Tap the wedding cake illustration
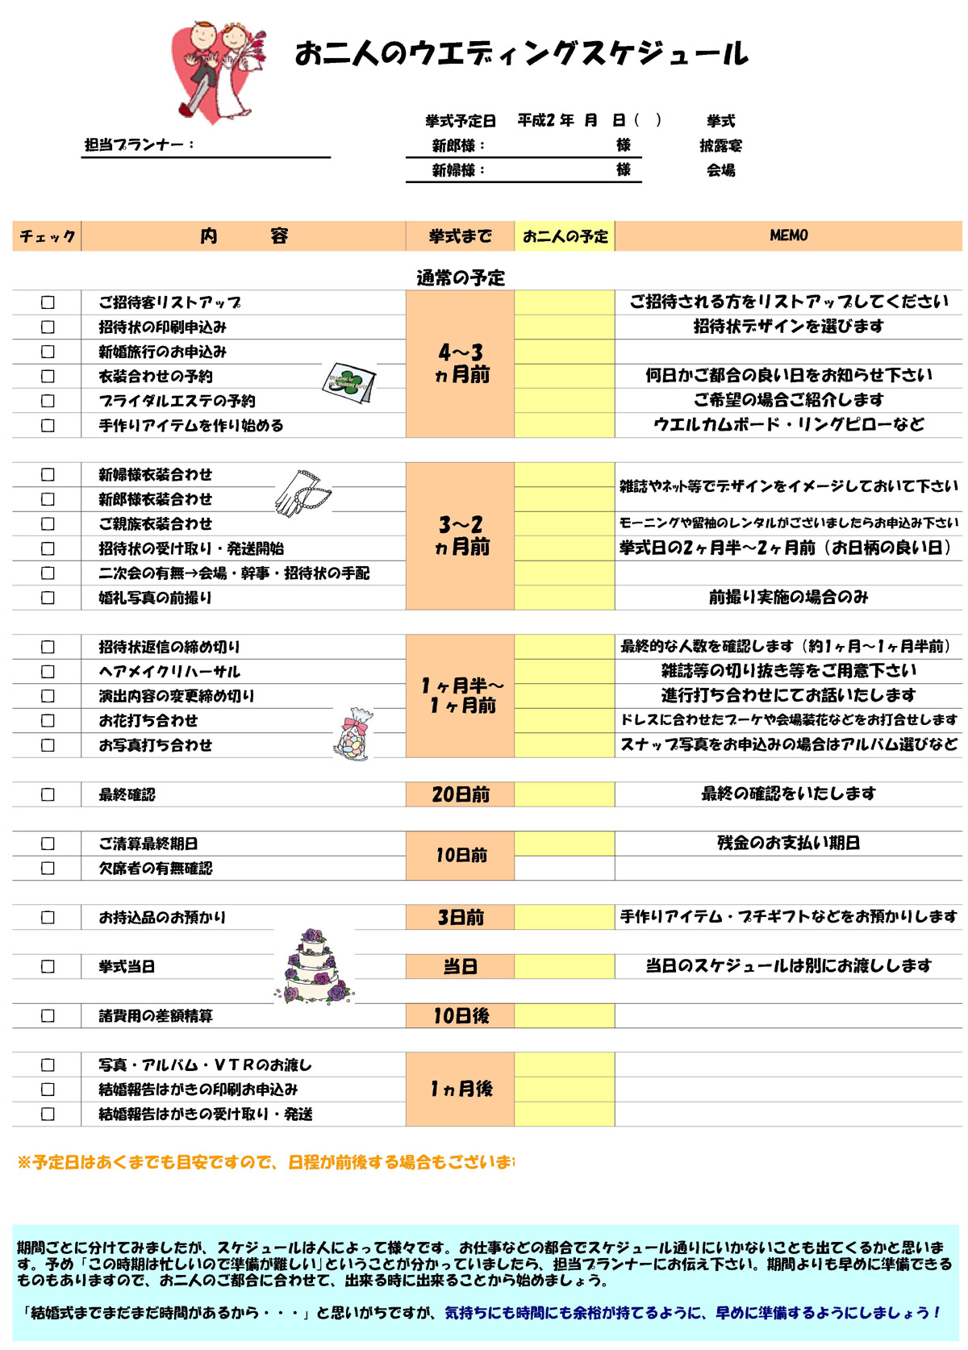coord(315,966)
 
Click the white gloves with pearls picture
coord(301,493)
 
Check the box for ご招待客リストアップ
coord(48,302)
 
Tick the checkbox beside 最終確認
coord(48,794)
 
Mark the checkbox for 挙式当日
coord(48,966)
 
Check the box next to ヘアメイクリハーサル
coord(48,672)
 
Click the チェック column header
coord(47,236)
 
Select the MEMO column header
coord(788,235)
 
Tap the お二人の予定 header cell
coord(565,236)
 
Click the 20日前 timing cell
coord(460,794)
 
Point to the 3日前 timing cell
coord(460,917)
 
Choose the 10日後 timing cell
coord(460,1015)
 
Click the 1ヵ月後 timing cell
coord(460,1089)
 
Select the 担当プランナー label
coord(139,145)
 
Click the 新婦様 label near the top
coord(457,170)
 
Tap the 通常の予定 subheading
coord(460,278)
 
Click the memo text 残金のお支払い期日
coord(788,843)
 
